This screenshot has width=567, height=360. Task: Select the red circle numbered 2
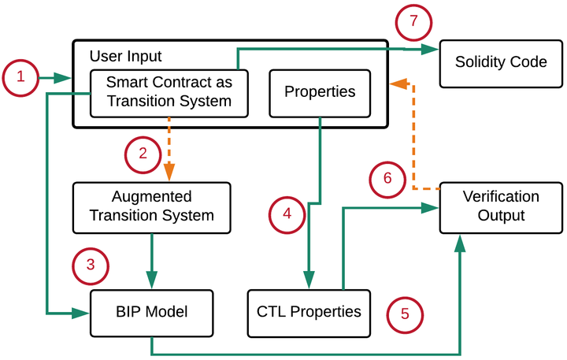click(143, 154)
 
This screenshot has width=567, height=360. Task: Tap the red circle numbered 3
click(90, 265)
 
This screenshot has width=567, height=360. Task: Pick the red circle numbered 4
click(287, 213)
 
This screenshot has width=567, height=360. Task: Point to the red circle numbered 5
click(405, 314)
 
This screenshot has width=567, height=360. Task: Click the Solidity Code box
click(500, 61)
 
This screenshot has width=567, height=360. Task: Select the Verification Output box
click(500, 206)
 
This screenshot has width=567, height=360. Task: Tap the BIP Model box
click(151, 311)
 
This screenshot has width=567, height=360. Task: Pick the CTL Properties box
click(309, 311)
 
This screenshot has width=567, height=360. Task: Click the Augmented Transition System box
click(151, 207)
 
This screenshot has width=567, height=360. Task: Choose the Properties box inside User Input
click(320, 92)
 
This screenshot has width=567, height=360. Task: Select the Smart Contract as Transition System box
click(169, 91)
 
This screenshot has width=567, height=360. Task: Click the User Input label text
click(126, 56)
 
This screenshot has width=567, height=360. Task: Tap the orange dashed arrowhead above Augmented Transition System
click(169, 173)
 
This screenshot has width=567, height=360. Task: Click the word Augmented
click(151, 197)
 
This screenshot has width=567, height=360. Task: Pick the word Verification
click(500, 197)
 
